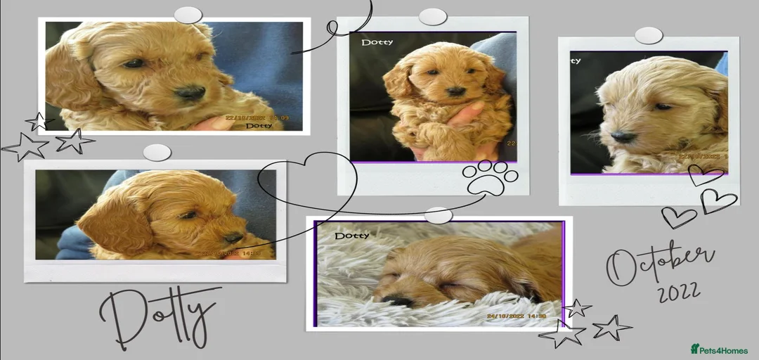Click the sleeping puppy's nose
click(399, 300)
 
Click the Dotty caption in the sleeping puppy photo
click(352, 236)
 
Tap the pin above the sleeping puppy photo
click(439, 215)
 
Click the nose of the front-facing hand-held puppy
click(455, 91)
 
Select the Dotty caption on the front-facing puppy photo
click(377, 43)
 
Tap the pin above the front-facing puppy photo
click(433, 17)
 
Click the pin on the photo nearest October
click(649, 36)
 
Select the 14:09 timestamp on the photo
click(281, 118)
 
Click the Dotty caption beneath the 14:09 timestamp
click(259, 126)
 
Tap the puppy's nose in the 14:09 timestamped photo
click(190, 91)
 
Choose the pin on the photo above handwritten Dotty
click(157, 153)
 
